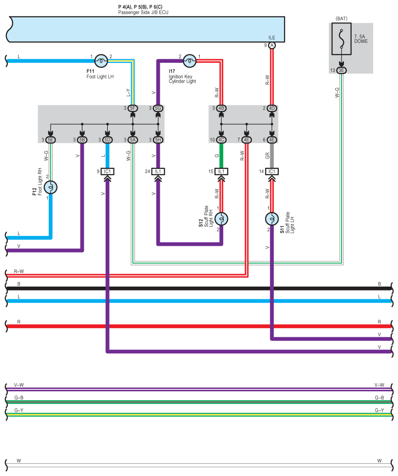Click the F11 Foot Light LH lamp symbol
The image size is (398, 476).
[x=101, y=61]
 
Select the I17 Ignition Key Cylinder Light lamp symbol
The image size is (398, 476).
[x=190, y=61]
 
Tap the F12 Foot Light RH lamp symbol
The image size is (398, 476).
[x=51, y=187]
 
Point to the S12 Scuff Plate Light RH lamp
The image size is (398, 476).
[x=221, y=219]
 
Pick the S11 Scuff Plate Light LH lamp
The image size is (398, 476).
[x=272, y=219]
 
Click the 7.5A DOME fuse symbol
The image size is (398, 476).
[x=341, y=39]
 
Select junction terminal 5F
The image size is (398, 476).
[x=133, y=109]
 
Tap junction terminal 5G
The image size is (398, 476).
[x=158, y=109]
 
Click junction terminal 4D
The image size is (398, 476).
[x=272, y=109]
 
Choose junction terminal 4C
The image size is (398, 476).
[x=221, y=140]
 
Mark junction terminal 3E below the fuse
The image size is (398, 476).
[x=341, y=71]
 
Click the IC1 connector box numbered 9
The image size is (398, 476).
[x=107, y=171]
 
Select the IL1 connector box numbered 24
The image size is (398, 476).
[x=158, y=171]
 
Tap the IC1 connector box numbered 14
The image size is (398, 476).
[x=272, y=171]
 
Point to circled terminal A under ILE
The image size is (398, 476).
[x=272, y=46]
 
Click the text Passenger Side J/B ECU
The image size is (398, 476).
[x=143, y=13]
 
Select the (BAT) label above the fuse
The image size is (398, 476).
[x=341, y=19]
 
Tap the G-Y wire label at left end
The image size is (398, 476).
[x=19, y=410]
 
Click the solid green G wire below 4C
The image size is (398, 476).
[x=221, y=156]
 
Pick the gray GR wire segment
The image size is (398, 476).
[x=272, y=156]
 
